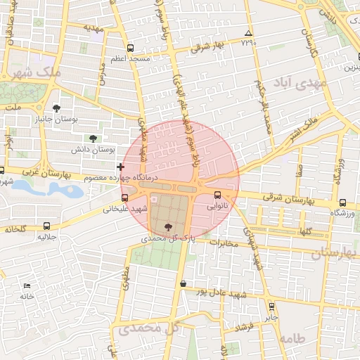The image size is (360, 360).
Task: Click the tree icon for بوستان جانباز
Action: coord(57,108)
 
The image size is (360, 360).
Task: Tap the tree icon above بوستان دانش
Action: coord(93,139)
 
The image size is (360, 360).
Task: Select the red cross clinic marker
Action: coord(121,167)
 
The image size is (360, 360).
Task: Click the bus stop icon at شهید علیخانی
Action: coord(125,198)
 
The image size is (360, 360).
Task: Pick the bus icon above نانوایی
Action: coord(217,195)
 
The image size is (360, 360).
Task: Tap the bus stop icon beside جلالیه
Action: coord(46,226)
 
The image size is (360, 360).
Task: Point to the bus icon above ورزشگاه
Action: coord(342,202)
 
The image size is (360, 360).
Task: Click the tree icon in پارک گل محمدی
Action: coord(167,226)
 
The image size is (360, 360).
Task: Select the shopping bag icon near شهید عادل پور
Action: coord(184,283)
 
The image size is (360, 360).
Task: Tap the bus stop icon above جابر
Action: coord(271,306)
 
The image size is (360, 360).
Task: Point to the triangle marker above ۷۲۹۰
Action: coord(248,33)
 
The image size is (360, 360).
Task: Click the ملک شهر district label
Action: coord(34,72)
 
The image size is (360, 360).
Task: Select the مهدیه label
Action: coord(93,28)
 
